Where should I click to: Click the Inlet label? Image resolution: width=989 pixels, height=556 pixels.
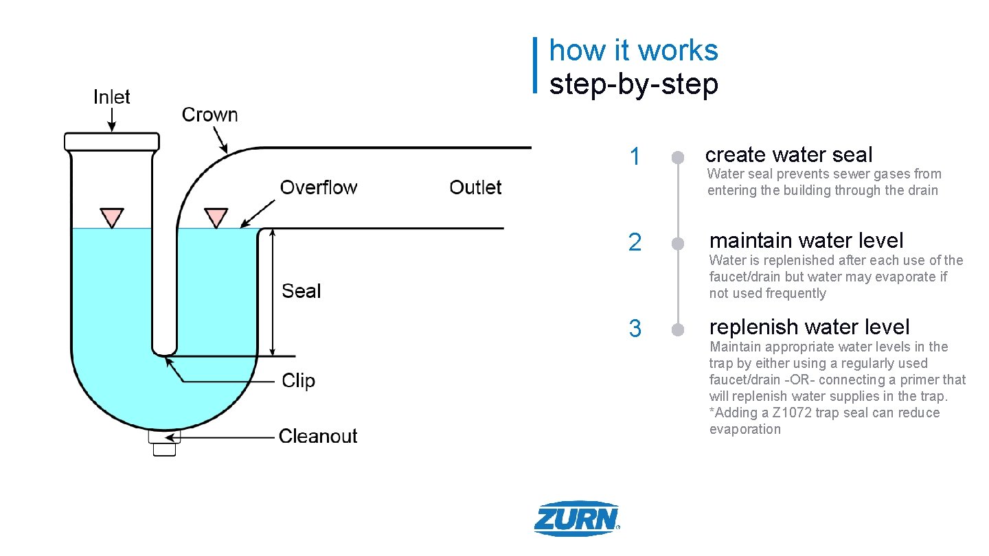(111, 97)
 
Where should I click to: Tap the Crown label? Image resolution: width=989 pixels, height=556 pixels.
(209, 115)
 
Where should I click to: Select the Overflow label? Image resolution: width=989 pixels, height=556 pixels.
(318, 187)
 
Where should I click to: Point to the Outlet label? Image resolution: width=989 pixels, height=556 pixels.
(475, 187)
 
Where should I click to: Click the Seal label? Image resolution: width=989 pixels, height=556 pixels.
(302, 291)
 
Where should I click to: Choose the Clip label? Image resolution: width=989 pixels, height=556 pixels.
(298, 381)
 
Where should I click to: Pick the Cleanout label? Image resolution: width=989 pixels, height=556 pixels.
(318, 436)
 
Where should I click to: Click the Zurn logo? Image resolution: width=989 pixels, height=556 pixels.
(577, 518)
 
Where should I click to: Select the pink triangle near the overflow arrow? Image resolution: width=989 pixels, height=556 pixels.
(216, 217)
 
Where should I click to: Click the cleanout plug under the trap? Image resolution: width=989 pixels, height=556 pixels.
(163, 443)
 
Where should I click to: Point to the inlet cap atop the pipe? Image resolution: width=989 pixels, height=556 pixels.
(111, 141)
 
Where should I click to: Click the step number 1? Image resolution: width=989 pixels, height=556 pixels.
(635, 157)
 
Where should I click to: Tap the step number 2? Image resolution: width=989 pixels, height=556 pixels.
(635, 243)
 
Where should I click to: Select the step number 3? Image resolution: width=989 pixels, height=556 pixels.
(635, 329)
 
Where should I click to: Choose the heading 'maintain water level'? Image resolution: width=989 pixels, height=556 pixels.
(806, 240)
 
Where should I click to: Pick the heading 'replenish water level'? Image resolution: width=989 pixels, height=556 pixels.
(809, 327)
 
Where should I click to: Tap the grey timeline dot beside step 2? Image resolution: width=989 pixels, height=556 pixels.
(678, 244)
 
